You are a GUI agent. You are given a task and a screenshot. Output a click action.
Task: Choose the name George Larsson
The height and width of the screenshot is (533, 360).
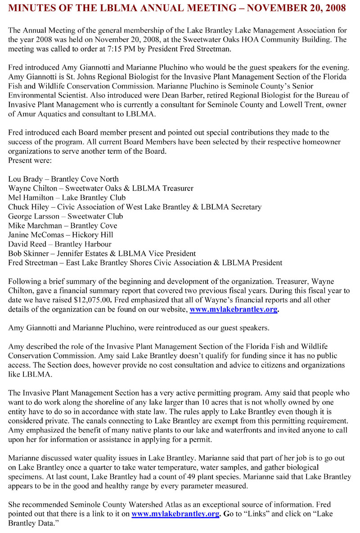pos(33,216)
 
